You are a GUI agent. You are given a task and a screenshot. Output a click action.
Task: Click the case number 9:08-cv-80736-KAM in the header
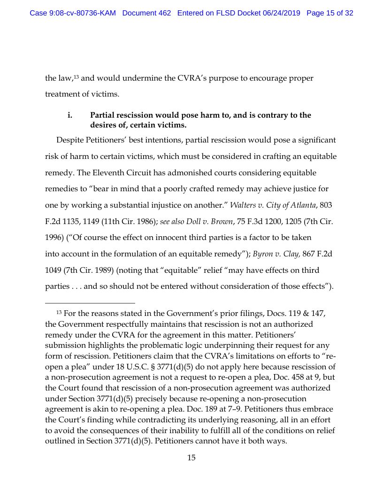73,13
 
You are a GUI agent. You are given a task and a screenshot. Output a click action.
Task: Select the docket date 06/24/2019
280,13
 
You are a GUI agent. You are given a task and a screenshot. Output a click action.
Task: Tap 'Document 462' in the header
146,13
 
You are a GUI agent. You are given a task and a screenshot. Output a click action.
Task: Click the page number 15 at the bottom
191,457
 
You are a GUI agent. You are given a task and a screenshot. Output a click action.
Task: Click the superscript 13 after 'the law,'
76,77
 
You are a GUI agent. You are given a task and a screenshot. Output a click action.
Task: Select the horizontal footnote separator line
90,303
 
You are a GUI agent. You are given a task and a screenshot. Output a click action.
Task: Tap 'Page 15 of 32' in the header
329,13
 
